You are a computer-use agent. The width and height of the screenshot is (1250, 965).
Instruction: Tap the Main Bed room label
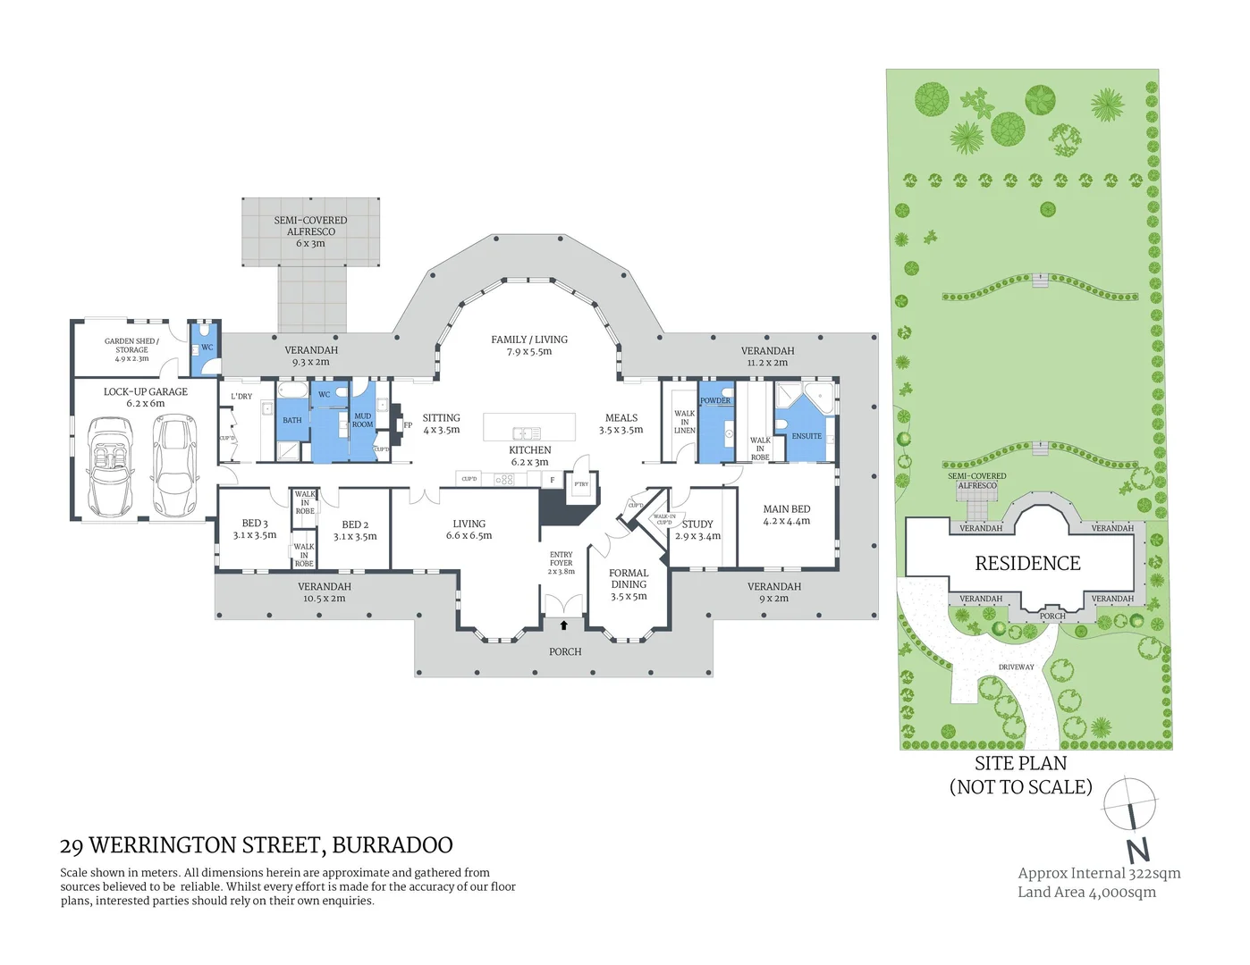pos(787,515)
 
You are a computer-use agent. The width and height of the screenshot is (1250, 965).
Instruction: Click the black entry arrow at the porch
pos(564,625)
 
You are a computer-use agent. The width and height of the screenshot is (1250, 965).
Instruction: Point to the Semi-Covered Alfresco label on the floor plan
pos(310,231)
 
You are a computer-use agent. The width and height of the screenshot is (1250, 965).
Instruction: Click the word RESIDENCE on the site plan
pos(1027,564)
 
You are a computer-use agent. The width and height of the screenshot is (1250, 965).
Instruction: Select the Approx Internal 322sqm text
pos(1099,873)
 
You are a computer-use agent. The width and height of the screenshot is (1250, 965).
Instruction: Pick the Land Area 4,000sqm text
pos(1086,892)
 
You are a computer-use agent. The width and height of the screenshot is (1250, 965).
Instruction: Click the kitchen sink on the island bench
pos(526,433)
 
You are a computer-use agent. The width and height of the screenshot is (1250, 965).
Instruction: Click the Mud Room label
pos(363,420)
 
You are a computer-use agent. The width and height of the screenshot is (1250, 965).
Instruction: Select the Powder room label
pos(715,401)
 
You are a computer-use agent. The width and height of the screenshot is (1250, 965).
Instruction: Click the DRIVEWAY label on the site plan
pos(1016,667)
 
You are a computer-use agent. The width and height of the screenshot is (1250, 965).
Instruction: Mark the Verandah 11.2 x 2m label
pos(767,357)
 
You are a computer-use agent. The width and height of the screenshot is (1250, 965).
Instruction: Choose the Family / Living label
pos(529,345)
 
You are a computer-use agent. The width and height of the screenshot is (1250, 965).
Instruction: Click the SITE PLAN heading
pos(1020,763)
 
